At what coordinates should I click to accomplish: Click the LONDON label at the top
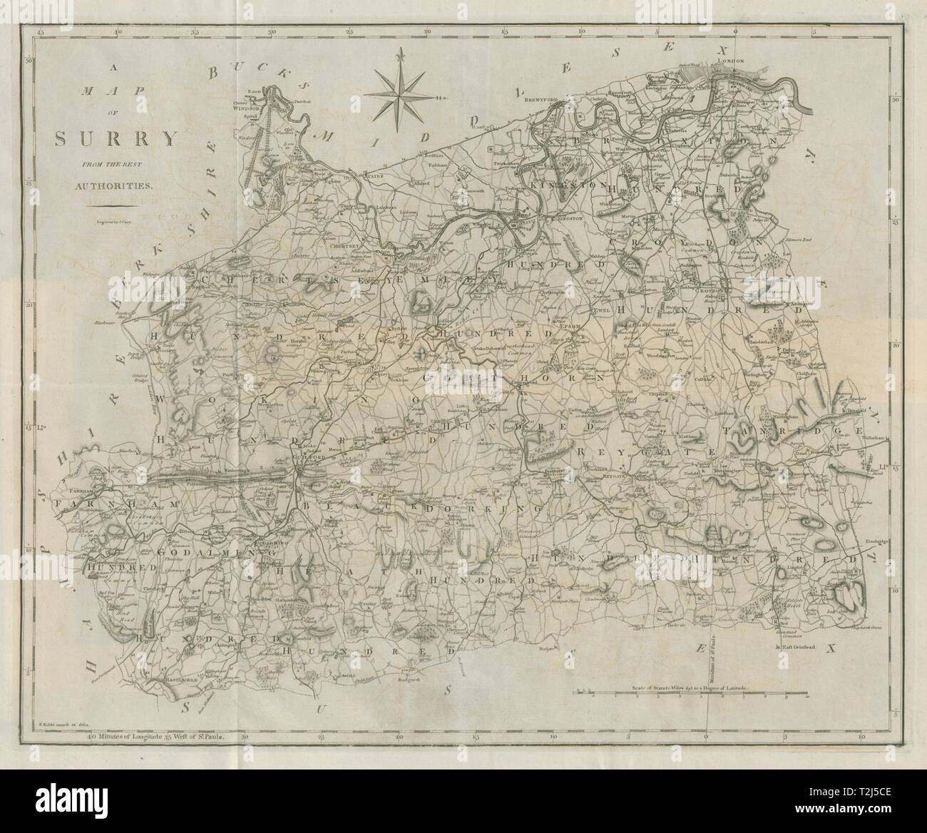tap(734, 61)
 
